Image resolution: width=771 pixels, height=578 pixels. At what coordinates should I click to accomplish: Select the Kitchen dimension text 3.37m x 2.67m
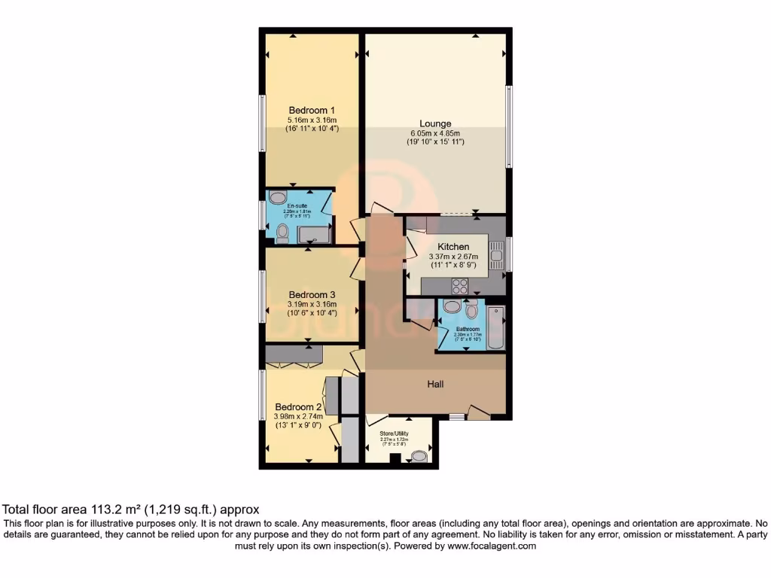point(454,256)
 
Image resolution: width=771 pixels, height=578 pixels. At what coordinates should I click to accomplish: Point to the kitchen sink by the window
point(496,255)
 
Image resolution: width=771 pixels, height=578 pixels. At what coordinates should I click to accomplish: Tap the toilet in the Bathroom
point(471,309)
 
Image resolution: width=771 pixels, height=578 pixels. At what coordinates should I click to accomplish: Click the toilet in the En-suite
point(282,235)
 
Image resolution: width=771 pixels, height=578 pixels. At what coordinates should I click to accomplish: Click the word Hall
point(435,384)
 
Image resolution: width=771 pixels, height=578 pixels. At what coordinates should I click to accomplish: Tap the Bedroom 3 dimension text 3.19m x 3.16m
point(312,304)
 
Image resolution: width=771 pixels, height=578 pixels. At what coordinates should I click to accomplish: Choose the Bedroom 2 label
point(298,406)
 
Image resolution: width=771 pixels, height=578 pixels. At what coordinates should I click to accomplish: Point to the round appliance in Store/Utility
point(419,456)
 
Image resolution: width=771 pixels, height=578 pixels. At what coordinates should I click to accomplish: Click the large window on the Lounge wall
point(509,126)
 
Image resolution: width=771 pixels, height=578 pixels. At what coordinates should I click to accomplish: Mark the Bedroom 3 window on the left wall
point(262,295)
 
